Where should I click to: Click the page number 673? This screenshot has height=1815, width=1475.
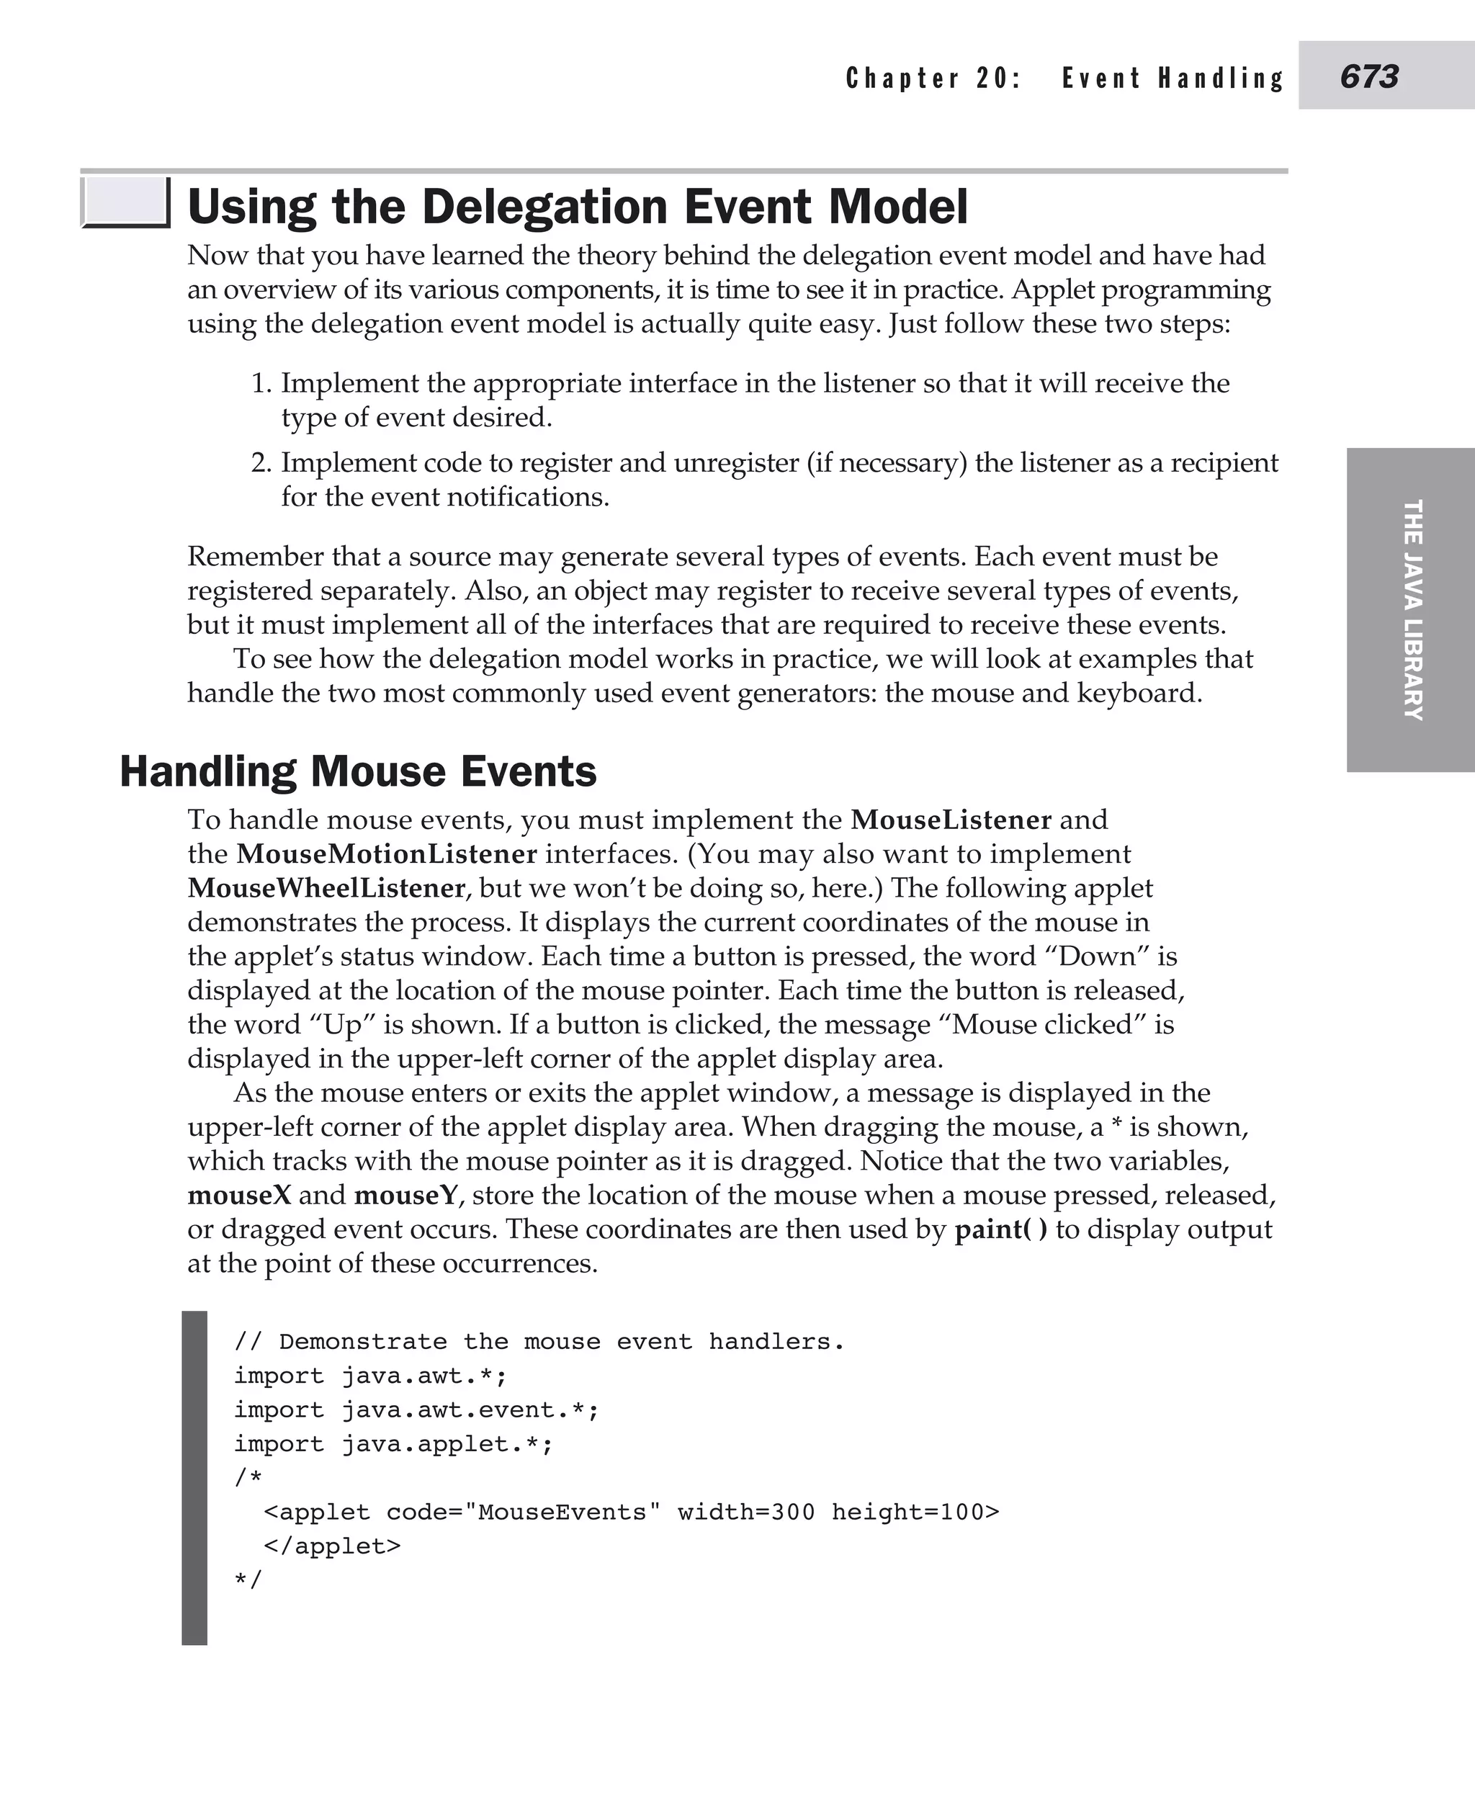point(1369,76)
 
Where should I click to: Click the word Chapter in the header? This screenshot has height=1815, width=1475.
point(902,79)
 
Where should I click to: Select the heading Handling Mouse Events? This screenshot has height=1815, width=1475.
point(358,771)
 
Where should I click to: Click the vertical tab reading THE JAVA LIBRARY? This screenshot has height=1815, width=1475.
point(1412,609)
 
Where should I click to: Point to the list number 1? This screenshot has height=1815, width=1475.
point(261,383)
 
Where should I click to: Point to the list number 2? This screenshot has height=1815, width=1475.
point(260,463)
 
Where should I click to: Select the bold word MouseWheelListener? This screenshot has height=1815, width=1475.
point(326,888)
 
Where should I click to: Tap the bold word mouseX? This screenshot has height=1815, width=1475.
point(239,1195)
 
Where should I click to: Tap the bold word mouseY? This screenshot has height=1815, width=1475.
point(406,1195)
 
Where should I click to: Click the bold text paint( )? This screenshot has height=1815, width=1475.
point(1001,1229)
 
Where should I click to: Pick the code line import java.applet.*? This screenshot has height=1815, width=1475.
point(393,1443)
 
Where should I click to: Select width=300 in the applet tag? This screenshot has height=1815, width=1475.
point(745,1512)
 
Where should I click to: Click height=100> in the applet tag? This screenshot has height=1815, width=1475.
point(915,1512)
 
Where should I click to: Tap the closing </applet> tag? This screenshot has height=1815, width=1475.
point(332,1546)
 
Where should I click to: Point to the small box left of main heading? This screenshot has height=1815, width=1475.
point(124,202)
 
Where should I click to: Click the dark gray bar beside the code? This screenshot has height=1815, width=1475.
point(194,1479)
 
